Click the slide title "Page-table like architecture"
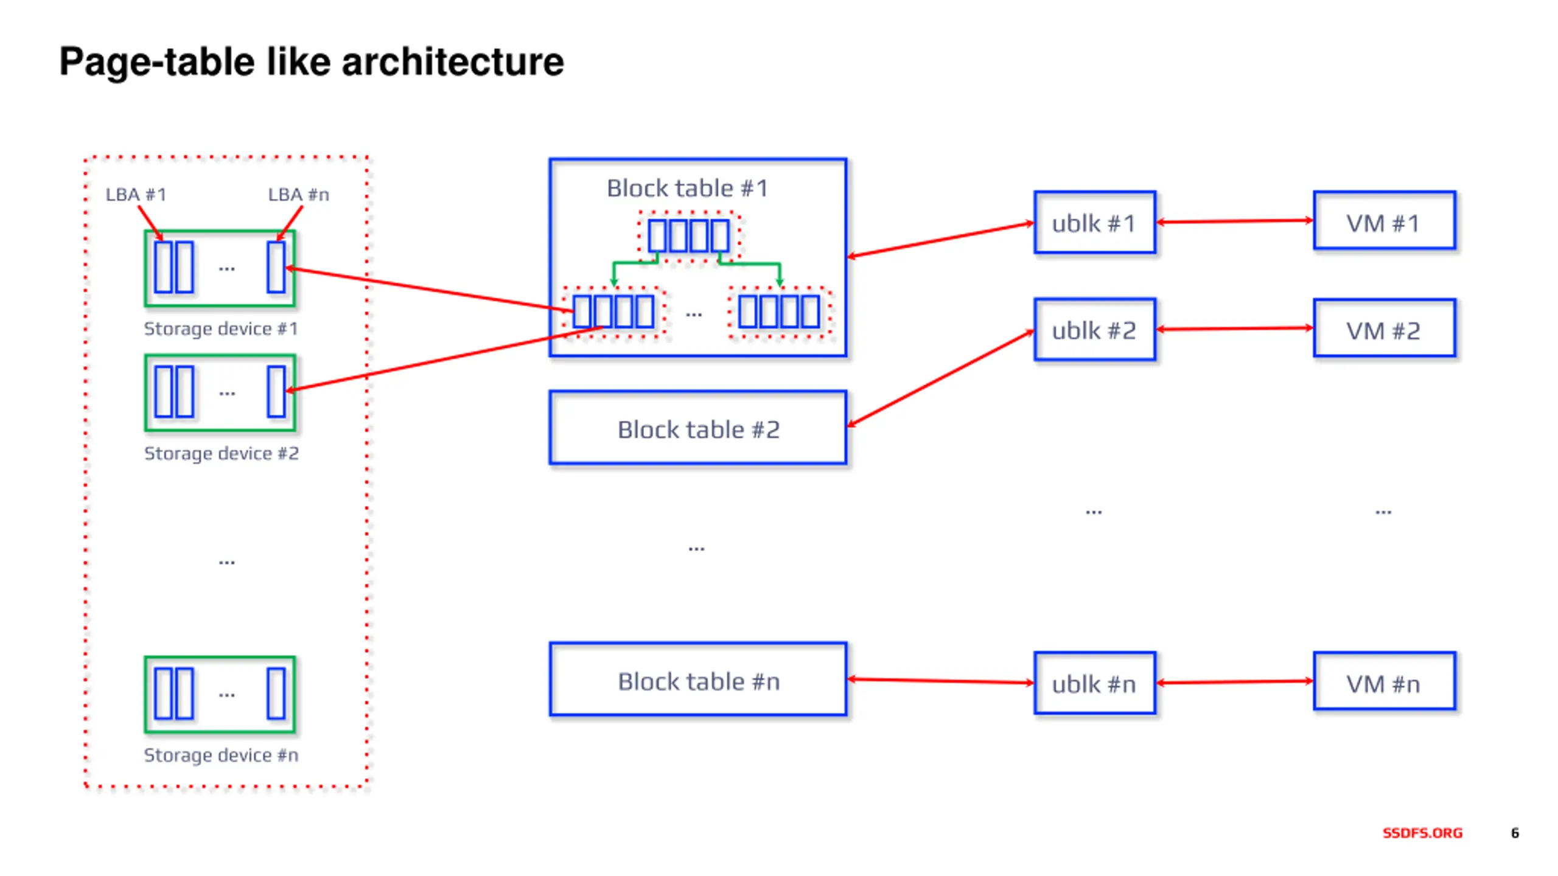[311, 62]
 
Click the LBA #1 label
[136, 195]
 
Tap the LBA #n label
[298, 195]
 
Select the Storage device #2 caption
[221, 453]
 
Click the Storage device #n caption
[221, 755]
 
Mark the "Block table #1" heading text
[687, 188]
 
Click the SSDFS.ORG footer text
[1422, 833]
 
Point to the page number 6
[1515, 833]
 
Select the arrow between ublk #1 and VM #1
[1235, 221]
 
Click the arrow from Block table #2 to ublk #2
[941, 378]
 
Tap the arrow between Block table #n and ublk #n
[941, 681]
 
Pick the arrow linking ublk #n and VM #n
[1235, 682]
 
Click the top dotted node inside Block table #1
[688, 236]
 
